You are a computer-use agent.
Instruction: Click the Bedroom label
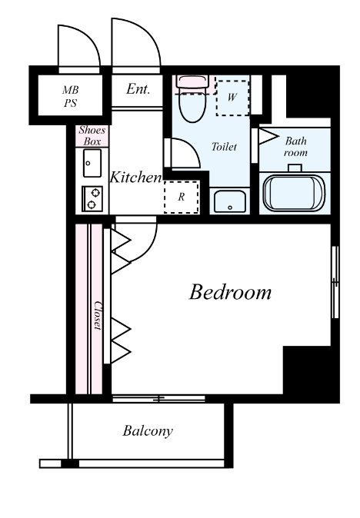[x=230, y=292]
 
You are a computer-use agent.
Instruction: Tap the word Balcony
[x=148, y=431]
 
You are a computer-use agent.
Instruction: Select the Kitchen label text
[x=135, y=177]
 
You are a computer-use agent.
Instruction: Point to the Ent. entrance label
[x=138, y=89]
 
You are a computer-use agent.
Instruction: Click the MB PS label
[x=71, y=96]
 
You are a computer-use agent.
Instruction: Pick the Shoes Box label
[x=92, y=135]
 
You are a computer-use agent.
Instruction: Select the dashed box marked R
[x=182, y=197]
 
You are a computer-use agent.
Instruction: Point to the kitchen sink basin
[x=92, y=163]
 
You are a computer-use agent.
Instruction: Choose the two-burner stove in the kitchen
[x=92, y=198]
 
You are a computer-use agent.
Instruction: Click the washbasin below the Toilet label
[x=230, y=201]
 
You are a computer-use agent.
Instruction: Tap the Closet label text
[x=98, y=315]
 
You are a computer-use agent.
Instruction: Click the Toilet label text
[x=224, y=146]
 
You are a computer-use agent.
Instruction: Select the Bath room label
[x=295, y=147]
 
